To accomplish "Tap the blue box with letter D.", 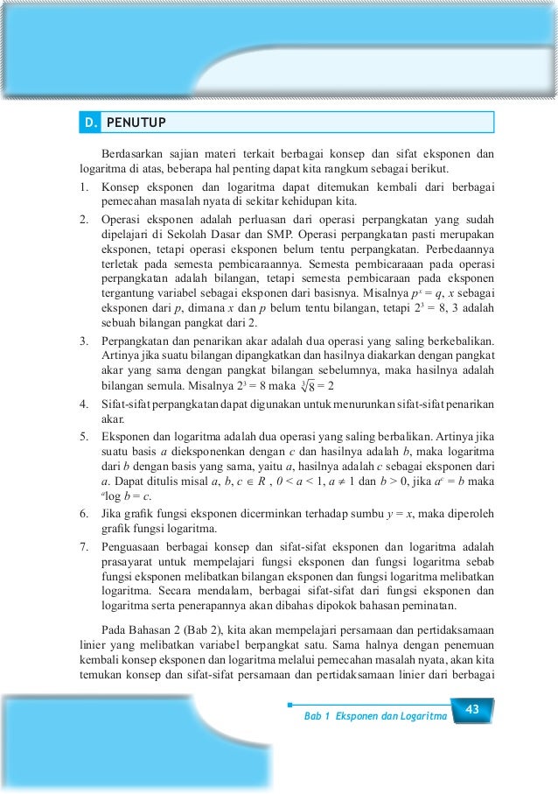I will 90,122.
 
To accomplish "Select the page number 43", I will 472,708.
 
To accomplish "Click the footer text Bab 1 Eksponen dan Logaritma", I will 374,717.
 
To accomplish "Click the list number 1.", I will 81,186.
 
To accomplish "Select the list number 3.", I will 81,340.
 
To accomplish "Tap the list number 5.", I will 81,435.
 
